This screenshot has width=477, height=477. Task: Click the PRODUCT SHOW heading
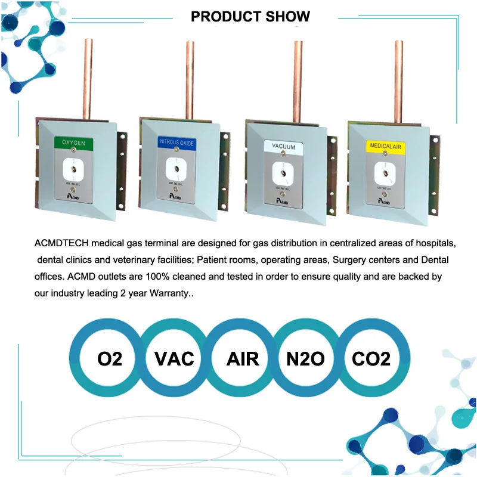[250, 16]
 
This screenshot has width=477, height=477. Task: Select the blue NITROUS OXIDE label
[176, 142]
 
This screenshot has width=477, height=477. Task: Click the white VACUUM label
[283, 145]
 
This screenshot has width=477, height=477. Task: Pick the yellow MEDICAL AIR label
[385, 145]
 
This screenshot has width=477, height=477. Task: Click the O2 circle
[110, 358]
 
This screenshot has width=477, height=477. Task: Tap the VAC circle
[174, 358]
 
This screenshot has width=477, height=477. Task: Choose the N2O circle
[305, 358]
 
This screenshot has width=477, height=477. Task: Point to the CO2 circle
[371, 358]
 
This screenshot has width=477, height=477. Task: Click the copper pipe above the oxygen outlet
[88, 78]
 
